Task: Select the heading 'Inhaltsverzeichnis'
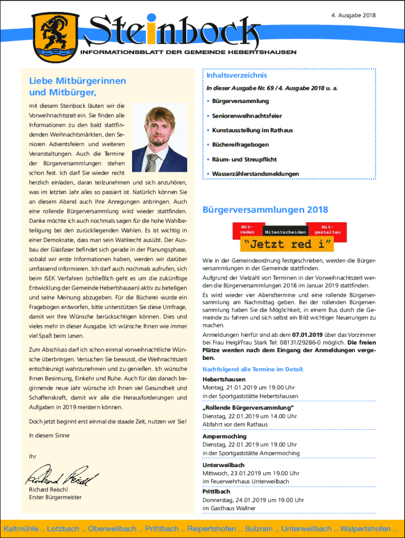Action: pyautogui.click(x=232, y=76)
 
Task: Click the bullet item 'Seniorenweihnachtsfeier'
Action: pyautogui.click(x=247, y=116)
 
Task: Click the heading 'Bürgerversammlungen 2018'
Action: pyautogui.click(x=265, y=210)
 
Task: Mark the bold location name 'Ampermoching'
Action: pyautogui.click(x=224, y=437)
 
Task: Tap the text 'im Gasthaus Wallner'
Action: pyautogui.click(x=229, y=508)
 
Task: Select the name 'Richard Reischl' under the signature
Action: pyautogui.click(x=48, y=490)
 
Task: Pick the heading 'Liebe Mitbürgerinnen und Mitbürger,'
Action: pyautogui.click(x=77, y=87)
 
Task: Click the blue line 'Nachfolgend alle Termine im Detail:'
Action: pyautogui.click(x=253, y=369)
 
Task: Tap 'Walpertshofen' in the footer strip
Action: pyautogui.click(x=366, y=528)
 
